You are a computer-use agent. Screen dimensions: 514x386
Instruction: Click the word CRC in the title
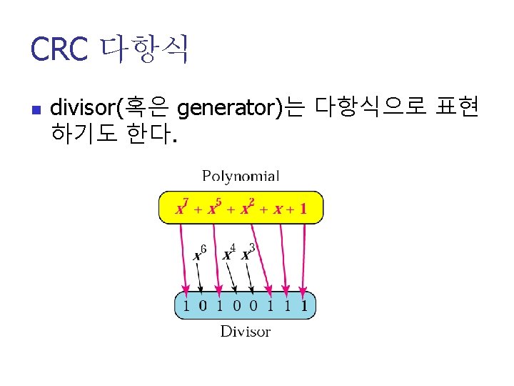coord(59,49)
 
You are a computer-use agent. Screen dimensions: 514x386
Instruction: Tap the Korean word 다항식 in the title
coord(145,49)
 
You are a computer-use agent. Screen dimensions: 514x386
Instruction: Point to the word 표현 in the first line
coord(456,109)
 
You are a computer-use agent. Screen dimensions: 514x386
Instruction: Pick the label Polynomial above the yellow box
coord(241,176)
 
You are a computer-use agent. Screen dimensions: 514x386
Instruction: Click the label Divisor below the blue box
coord(245,332)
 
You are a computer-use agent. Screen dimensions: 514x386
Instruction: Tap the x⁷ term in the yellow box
coord(182,208)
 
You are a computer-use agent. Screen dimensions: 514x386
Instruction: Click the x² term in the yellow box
coord(247,208)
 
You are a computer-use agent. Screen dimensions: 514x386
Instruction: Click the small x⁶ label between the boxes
coord(200,253)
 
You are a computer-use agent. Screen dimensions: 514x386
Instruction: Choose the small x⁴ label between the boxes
coord(228,253)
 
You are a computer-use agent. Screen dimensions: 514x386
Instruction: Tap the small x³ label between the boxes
coord(247,253)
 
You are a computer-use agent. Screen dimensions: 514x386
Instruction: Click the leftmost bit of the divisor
coord(186,307)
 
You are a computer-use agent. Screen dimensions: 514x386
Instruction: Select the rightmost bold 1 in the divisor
coord(305,307)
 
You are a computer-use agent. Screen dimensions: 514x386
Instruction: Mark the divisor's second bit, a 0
coord(202,307)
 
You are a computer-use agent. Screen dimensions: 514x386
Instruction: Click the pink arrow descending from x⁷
coord(183,257)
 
